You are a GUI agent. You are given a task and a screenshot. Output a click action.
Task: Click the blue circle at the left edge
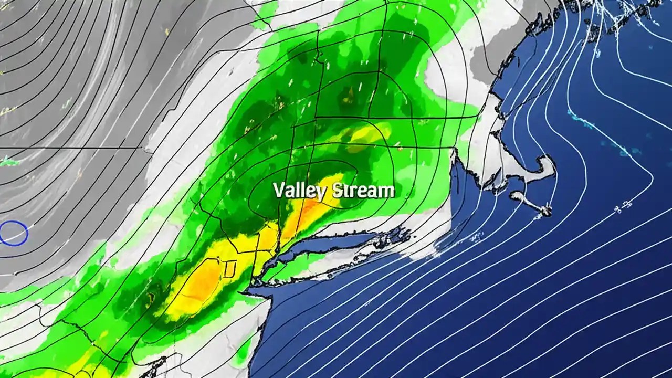tap(14, 233)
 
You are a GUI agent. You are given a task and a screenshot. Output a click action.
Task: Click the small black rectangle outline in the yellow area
tap(229, 269)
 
